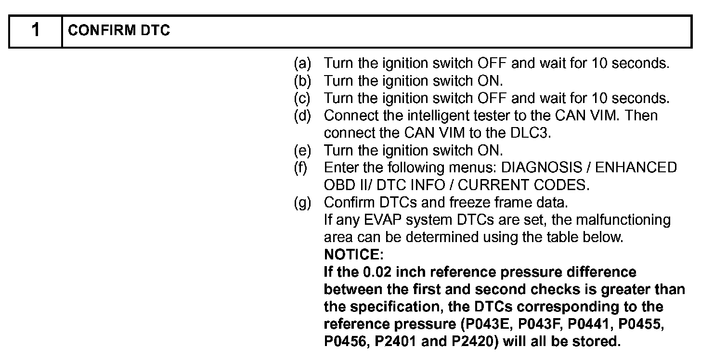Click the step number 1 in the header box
[x=35, y=31]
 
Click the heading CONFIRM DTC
[x=119, y=31]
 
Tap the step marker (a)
[x=303, y=64]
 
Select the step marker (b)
[x=303, y=81]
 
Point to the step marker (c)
[x=303, y=98]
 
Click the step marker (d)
[x=303, y=116]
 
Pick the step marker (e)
[x=303, y=150]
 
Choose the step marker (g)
[x=303, y=202]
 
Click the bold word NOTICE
[x=353, y=255]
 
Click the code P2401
[x=406, y=341]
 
